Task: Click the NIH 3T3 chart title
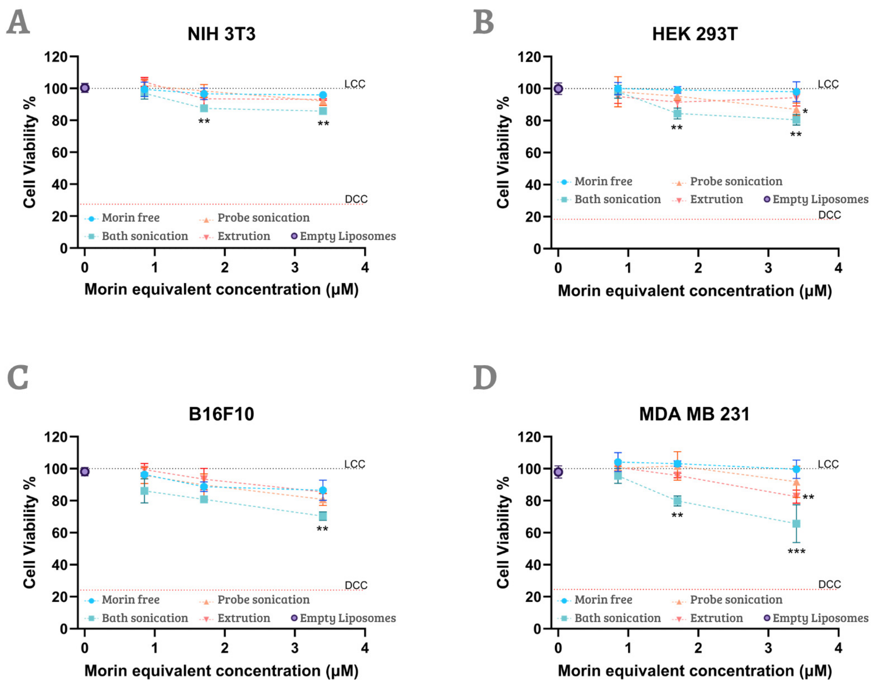pyautogui.click(x=221, y=34)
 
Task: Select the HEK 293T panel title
pyautogui.click(x=695, y=34)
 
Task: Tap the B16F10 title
pyautogui.click(x=221, y=414)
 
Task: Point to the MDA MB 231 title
pyautogui.click(x=694, y=414)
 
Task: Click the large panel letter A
pyautogui.click(x=18, y=22)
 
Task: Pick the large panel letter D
pyautogui.click(x=485, y=378)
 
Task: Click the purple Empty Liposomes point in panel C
pyautogui.click(x=85, y=472)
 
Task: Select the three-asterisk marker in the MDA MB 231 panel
pyautogui.click(x=796, y=551)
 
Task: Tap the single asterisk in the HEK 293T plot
pyautogui.click(x=805, y=111)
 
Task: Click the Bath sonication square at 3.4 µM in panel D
pyautogui.click(x=796, y=524)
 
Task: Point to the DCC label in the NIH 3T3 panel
pyautogui.click(x=356, y=199)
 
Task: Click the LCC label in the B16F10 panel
pyautogui.click(x=354, y=464)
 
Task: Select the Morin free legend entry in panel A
pyautogui.click(x=122, y=218)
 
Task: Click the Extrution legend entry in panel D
pyautogui.click(x=707, y=618)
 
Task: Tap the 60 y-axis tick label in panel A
pyautogui.click(x=60, y=153)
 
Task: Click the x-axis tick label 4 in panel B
pyautogui.click(x=838, y=268)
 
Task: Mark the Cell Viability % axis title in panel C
pyautogui.click(x=30, y=532)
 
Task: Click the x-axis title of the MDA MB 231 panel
pyautogui.click(x=695, y=671)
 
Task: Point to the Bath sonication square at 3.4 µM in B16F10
pyautogui.click(x=323, y=516)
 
